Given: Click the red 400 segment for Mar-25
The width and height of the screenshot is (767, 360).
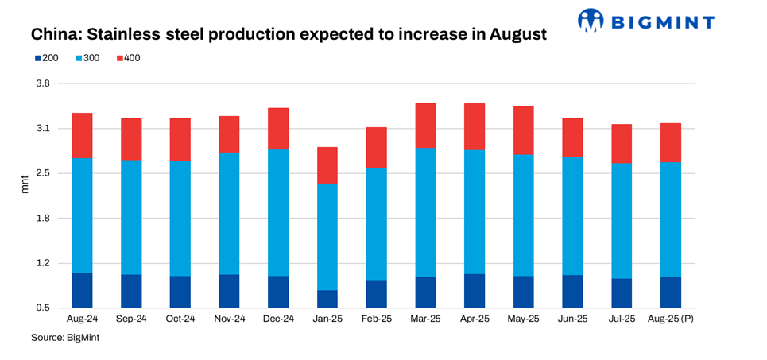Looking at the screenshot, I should pos(425,125).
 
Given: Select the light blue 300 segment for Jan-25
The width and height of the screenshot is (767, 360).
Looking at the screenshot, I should pos(327,237).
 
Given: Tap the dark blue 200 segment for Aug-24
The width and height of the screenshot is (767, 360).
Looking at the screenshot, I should pos(82,290).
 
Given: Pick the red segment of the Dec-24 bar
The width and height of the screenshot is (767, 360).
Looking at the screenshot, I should pos(278,129).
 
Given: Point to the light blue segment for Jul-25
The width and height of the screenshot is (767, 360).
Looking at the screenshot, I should pos(622,221).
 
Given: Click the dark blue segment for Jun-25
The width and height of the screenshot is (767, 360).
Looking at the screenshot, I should pos(572,291).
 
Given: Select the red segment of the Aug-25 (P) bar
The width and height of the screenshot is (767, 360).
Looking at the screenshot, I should pos(671,142).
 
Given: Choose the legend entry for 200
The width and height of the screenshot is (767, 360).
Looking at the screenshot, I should pos(45,58).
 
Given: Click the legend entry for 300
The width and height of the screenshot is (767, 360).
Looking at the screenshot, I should pos(87,58).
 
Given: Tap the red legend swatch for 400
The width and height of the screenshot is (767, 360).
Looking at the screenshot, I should pos(120,58).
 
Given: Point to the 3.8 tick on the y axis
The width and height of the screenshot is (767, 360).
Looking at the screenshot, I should pos(42,83).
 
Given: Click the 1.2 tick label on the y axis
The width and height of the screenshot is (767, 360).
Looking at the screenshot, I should pos(42,263).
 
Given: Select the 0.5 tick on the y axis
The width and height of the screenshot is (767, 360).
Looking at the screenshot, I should pos(42,308).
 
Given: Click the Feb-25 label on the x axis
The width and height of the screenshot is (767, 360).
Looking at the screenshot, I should pos(376,319).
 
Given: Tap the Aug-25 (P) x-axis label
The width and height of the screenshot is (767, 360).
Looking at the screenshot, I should pos(671,319).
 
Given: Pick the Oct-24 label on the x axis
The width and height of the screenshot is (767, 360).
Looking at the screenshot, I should pos(180,319).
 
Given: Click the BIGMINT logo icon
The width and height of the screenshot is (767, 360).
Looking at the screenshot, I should pos(591,21).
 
